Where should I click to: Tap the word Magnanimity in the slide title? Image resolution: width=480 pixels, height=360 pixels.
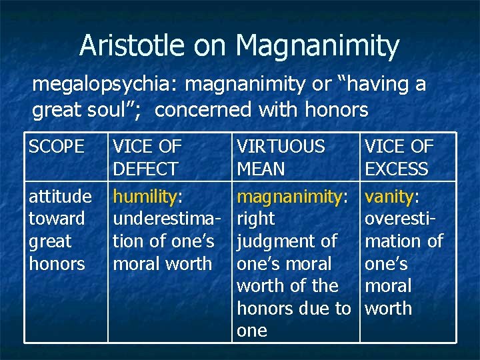[x=317, y=46]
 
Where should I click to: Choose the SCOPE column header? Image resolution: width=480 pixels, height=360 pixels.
[x=57, y=147]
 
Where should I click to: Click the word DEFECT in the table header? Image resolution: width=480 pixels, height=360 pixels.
[x=145, y=169]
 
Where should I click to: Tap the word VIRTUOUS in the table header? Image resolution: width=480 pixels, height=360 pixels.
[x=281, y=147]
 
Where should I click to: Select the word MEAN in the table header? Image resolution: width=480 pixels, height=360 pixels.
[x=261, y=169]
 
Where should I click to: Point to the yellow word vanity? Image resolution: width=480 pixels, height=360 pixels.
[x=389, y=197]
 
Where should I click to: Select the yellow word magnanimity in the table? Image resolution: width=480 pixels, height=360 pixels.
[x=289, y=197]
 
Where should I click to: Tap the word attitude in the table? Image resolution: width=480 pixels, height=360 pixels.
[x=60, y=197]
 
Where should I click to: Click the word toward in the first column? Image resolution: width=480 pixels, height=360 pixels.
[x=57, y=219]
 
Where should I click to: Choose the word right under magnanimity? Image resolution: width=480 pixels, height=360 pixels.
[x=256, y=219]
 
